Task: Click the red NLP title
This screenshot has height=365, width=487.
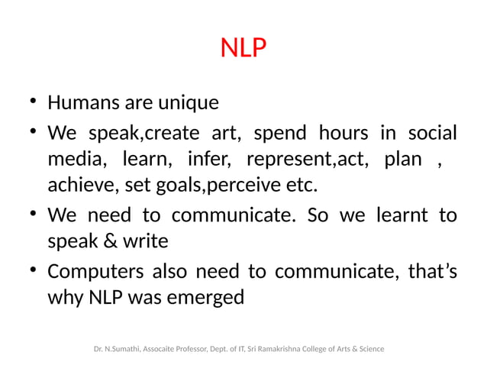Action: [243, 49]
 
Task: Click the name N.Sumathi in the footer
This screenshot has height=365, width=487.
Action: [122, 349]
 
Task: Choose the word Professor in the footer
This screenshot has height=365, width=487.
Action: [198, 349]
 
